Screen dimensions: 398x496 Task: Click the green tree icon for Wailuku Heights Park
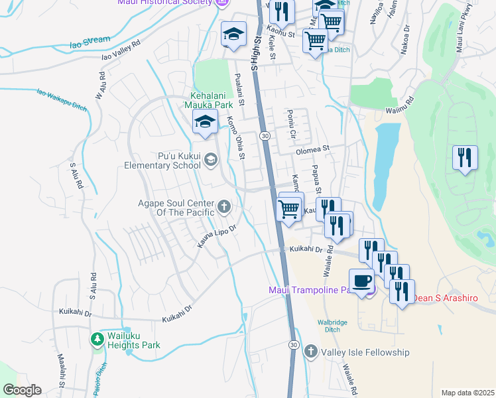(97, 340)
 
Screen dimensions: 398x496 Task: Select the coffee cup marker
(361, 281)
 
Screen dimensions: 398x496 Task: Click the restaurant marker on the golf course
(464, 158)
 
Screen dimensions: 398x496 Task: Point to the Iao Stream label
(90, 42)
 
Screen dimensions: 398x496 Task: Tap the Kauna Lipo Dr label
(216, 236)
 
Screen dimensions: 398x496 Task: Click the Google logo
(22, 390)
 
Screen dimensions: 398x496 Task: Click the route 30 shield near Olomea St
(265, 135)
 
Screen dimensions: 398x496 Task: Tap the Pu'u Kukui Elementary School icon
(211, 158)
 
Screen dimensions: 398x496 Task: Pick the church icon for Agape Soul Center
(224, 207)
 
